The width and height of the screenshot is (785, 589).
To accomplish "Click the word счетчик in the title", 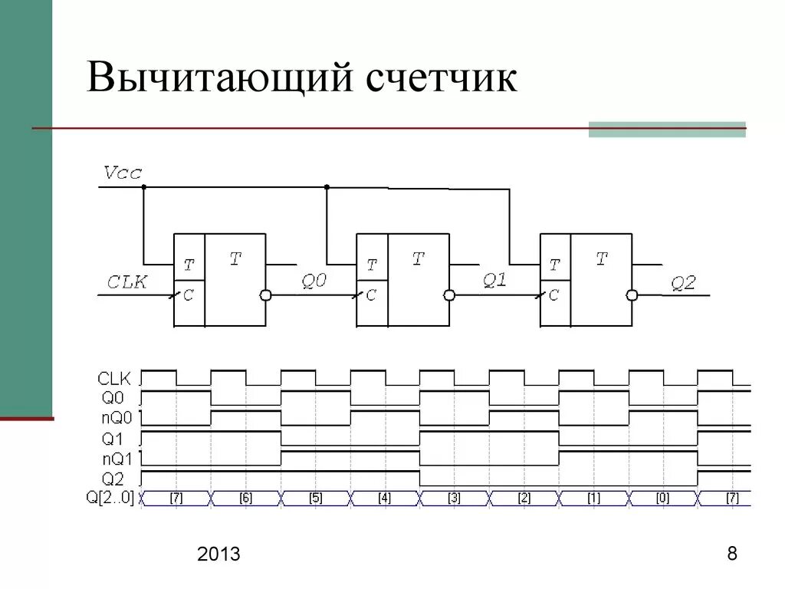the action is (440, 79).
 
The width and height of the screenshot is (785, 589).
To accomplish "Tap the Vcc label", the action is (123, 173).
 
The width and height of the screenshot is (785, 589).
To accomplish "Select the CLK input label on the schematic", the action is (126, 282).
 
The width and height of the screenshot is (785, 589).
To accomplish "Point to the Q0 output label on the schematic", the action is (313, 281).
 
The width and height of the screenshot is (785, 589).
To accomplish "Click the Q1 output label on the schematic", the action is (494, 281).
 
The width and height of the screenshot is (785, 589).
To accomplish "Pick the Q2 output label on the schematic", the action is (683, 283).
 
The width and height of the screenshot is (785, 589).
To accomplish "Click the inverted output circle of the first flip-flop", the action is (266, 295).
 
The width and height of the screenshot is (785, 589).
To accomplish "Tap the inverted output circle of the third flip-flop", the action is (632, 295).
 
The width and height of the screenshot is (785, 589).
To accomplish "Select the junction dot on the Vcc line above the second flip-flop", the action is (327, 187).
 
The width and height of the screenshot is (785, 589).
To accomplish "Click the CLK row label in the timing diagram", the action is (115, 378).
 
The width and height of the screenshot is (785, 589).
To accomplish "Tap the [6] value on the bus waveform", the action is (245, 499).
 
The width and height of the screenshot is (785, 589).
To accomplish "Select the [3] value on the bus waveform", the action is (454, 499).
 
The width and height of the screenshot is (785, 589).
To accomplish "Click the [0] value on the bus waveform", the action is (662, 499).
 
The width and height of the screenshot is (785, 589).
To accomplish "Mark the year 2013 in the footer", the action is (218, 554).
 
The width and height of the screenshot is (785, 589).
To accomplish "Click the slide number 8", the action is (732, 554).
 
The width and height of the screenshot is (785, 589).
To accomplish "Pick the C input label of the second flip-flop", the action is (371, 295).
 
